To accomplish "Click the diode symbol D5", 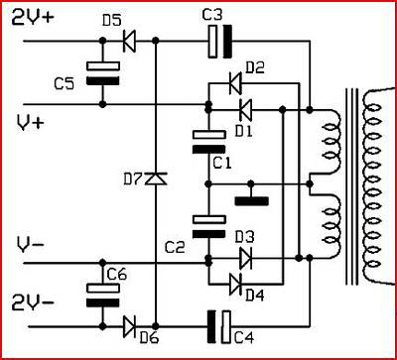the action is point(129,42).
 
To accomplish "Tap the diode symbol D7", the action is point(156,179).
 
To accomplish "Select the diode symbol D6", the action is point(129,326).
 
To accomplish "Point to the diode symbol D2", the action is point(235,83).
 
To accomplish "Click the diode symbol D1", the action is point(245,110).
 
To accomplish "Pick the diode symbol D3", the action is point(245,258).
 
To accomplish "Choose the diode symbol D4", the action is point(235,285).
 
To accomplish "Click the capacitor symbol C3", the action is point(220,42).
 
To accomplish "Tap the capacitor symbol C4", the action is point(219,326).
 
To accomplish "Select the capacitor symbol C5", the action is point(102,73).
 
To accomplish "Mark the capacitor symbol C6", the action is point(102,296).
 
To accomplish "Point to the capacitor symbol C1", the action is point(209,142).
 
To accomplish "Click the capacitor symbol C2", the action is point(209,226).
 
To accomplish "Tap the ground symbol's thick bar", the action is point(251,201).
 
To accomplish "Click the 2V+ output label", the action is point(32,18).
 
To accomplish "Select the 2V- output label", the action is point(32,302).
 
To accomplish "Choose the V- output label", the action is point(30,246).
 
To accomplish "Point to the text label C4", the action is point(244,338).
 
